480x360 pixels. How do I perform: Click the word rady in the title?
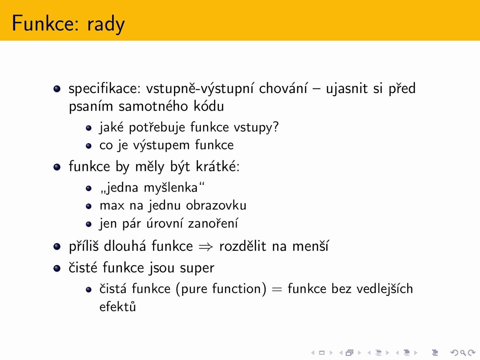coord(106,25)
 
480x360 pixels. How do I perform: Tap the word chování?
coord(283,88)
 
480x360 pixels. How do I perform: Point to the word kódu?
coord(208,106)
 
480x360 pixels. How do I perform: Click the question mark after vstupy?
coord(276,126)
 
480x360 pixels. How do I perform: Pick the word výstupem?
coord(161,145)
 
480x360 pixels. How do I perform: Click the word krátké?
coord(216,166)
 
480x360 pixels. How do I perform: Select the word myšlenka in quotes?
coord(171,188)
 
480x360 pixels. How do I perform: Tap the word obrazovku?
coord(216,205)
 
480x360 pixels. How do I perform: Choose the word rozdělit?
coord(243,246)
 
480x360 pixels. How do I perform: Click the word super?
coord(197,268)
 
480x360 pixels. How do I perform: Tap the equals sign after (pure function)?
coord(277,289)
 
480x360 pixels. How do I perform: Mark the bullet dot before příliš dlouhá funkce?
coord(57,246)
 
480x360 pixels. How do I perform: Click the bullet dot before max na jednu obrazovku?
coord(88,206)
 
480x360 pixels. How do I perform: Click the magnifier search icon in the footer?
coord(463,352)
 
